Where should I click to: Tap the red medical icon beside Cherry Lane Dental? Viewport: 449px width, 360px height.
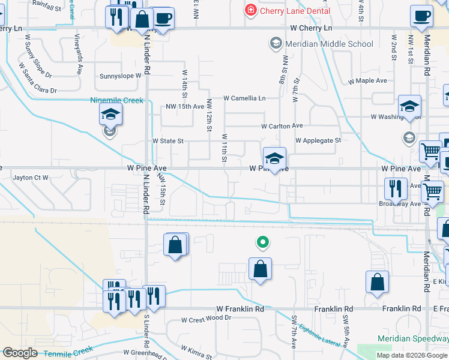[x=250, y=10]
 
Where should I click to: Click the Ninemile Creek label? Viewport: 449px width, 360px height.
[x=116, y=100]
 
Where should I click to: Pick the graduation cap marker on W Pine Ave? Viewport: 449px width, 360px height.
[x=274, y=158]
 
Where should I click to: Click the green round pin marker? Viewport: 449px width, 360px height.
[x=262, y=242]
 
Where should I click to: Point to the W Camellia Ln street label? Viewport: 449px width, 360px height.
[x=244, y=98]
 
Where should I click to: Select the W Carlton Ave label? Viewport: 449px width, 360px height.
[x=282, y=126]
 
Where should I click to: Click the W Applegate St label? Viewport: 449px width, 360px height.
[x=318, y=140]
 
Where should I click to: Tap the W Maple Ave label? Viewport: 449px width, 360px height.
[x=368, y=80]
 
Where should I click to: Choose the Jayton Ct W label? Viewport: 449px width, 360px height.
[x=31, y=178]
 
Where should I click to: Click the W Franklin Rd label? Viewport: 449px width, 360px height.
[x=240, y=309]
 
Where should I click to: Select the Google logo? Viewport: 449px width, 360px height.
[x=20, y=353]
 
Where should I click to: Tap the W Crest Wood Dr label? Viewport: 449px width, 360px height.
[x=206, y=318]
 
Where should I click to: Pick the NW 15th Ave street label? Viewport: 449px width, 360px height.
[x=185, y=107]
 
